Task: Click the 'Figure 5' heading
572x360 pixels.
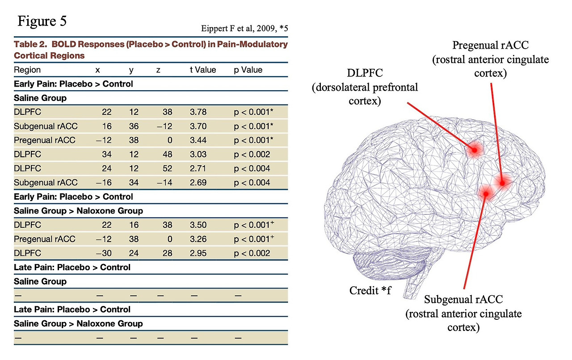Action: (42, 21)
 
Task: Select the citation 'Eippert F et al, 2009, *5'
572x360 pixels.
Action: (244, 28)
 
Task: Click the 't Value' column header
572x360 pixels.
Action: (203, 70)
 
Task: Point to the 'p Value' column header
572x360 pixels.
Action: (248, 70)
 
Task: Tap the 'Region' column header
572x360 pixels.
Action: (27, 70)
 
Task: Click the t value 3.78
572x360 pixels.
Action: (198, 112)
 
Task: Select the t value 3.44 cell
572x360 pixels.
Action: (198, 140)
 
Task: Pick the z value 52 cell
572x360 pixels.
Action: (167, 168)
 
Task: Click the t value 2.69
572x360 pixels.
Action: (198, 183)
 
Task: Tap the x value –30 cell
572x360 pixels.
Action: (104, 253)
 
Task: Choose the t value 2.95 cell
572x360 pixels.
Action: (198, 253)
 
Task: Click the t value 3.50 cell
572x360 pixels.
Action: (198, 225)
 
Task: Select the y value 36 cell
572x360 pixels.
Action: (134, 126)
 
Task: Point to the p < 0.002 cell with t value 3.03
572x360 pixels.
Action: (252, 155)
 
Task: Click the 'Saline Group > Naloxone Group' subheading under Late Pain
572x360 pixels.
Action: (78, 324)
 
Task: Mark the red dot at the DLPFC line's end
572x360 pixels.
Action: (475, 150)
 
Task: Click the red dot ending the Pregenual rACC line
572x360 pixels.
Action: (502, 183)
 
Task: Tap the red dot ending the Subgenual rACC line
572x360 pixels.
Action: (486, 194)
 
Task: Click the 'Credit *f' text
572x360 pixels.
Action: (370, 290)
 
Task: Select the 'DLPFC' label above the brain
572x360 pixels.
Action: (365, 73)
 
